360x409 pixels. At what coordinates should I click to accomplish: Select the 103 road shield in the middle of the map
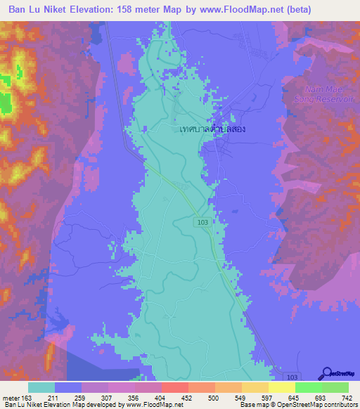pos(202,221)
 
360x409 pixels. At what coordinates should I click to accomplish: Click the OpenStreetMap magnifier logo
pos(327,373)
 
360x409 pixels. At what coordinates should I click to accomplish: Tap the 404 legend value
pos(160,398)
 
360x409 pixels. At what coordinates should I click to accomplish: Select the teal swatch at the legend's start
pos(41,387)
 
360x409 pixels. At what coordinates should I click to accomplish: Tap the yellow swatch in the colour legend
pos(282,387)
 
